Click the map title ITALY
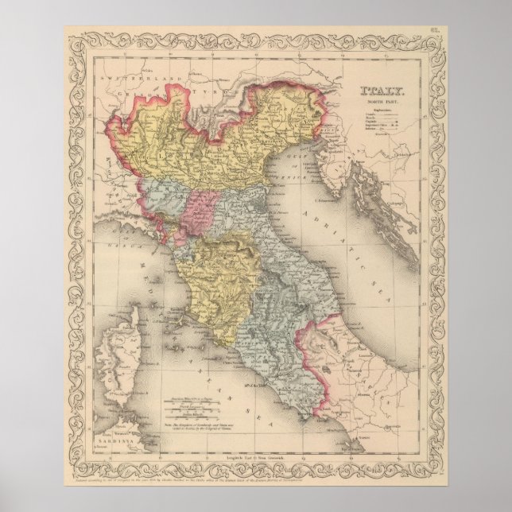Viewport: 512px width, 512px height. tap(383, 92)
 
